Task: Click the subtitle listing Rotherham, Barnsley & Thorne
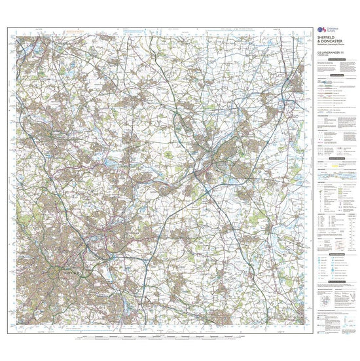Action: pyautogui.click(x=331, y=45)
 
